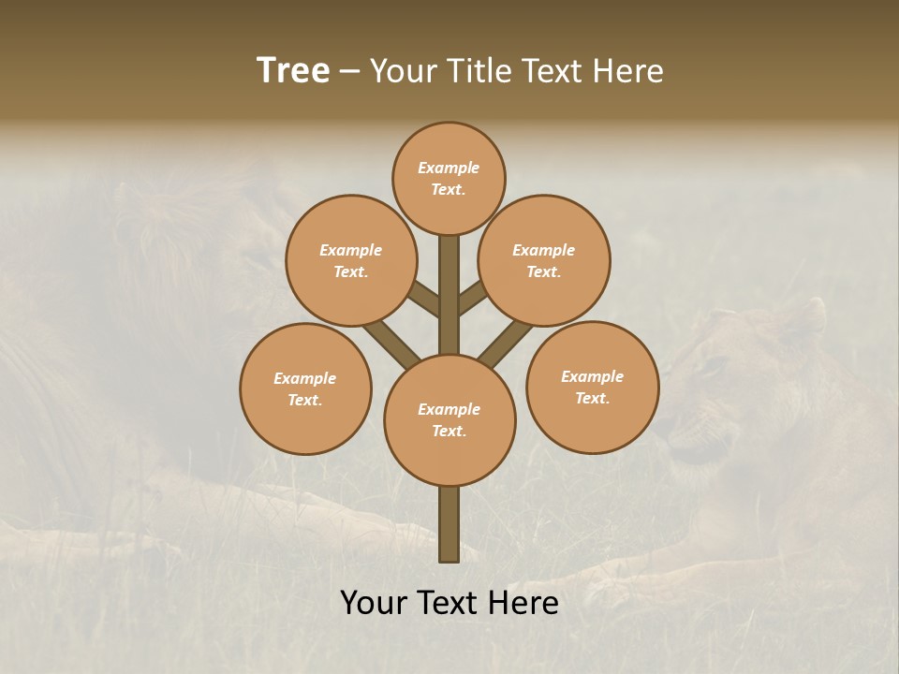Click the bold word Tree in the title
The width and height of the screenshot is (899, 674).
[x=293, y=71]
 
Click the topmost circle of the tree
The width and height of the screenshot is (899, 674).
[x=449, y=178]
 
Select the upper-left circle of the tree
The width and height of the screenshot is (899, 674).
[x=351, y=260]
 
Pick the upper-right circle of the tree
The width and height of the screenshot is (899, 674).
[x=544, y=260]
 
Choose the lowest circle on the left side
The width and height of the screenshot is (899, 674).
[x=305, y=388]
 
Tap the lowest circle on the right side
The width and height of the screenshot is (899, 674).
[x=593, y=387]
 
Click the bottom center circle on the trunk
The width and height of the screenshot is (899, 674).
[x=449, y=419]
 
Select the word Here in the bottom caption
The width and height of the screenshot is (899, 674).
[x=526, y=603]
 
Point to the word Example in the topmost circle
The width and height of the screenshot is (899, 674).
[x=449, y=168]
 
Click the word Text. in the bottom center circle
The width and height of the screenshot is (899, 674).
[x=449, y=431]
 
